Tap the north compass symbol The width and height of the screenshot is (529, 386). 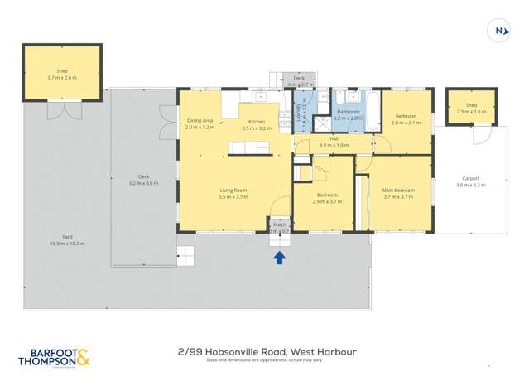pos(498,31)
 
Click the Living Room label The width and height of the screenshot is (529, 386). pos(233,191)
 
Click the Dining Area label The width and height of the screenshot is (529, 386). pos(200,121)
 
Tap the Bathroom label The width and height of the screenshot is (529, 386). pos(348,112)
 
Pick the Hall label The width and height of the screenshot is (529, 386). pos(334,139)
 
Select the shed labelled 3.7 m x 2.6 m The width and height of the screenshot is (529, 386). pos(62,74)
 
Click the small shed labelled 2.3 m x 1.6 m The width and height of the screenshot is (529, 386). pos(471,108)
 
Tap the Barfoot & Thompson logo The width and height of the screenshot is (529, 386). pos(54,358)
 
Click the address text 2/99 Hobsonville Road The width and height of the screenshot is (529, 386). pos(234,352)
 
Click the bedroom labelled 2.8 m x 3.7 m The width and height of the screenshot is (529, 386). pos(406,118)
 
